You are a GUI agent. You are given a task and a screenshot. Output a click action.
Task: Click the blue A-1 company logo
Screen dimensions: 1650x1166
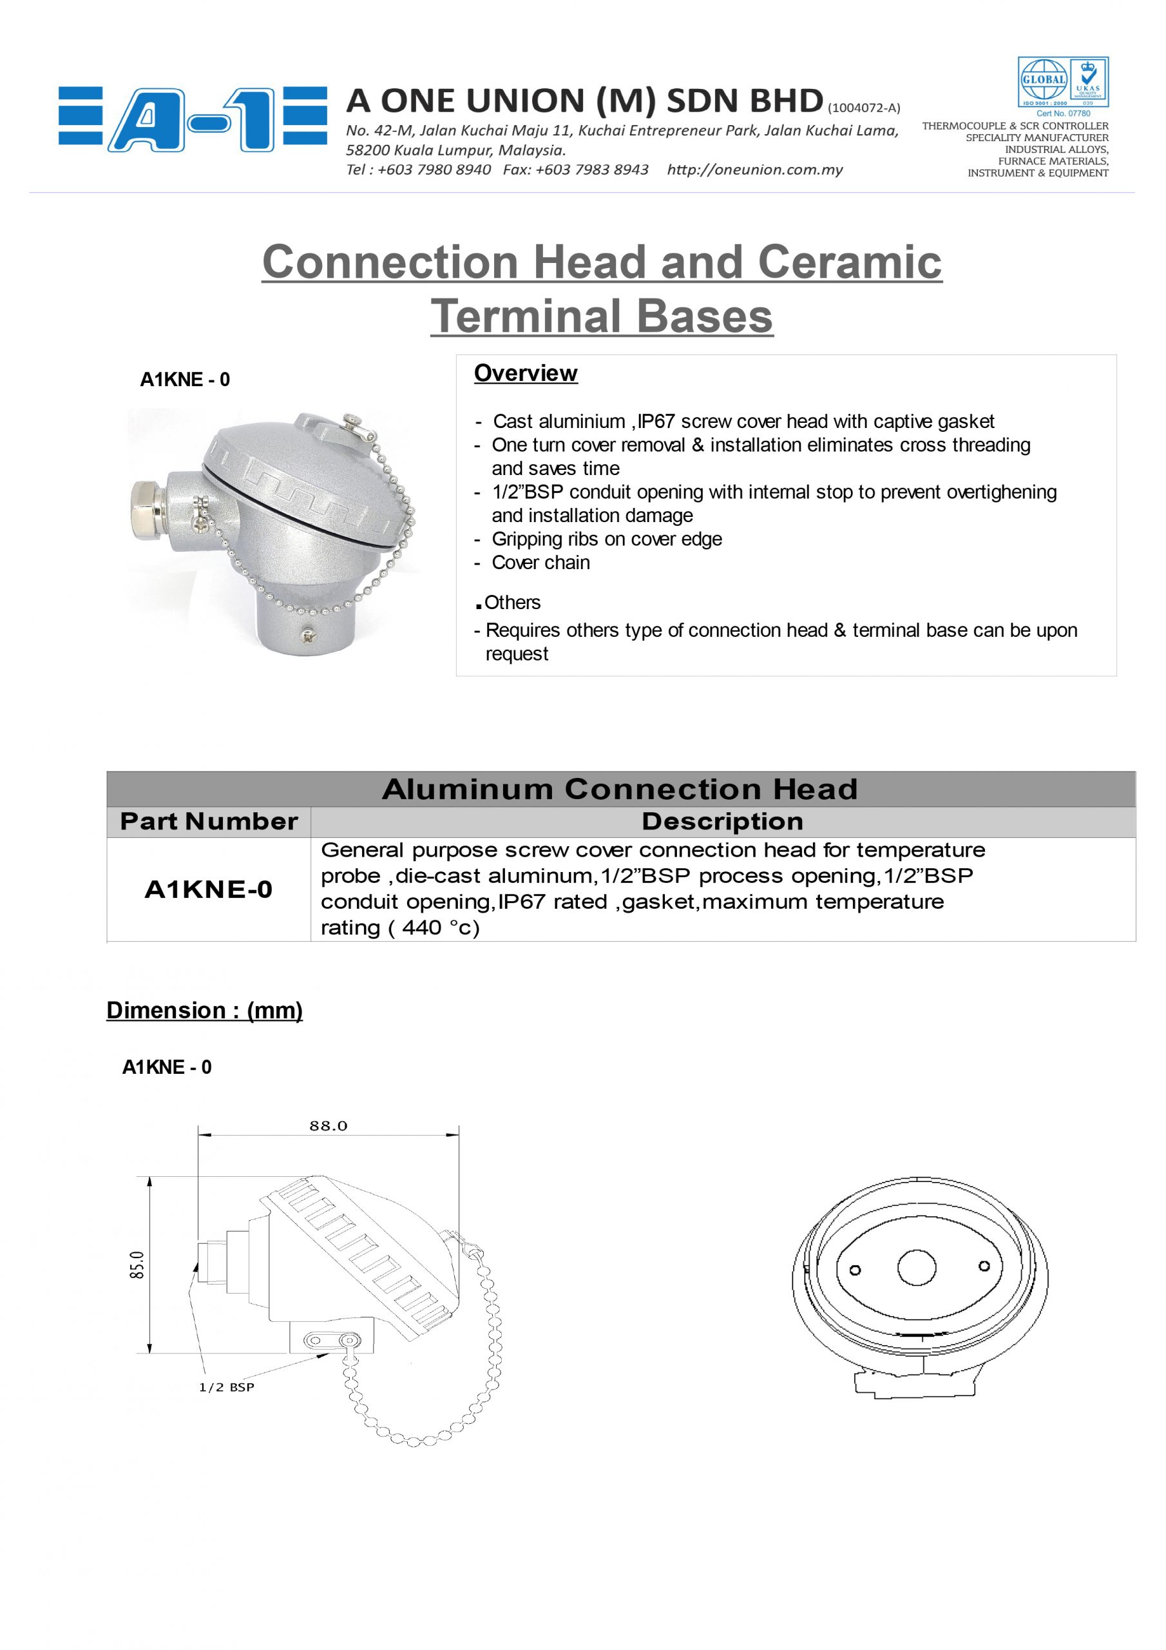click(x=193, y=119)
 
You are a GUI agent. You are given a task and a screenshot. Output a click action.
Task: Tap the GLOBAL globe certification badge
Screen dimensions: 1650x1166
click(x=1043, y=81)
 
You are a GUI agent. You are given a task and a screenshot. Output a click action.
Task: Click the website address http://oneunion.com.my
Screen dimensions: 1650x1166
click(x=754, y=170)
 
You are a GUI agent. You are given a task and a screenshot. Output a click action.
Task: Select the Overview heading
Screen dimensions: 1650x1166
click(x=525, y=374)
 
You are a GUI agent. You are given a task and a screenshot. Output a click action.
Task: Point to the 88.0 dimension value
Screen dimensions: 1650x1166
click(x=329, y=1126)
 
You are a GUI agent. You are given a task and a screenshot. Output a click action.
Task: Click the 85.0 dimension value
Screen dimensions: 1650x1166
click(x=137, y=1265)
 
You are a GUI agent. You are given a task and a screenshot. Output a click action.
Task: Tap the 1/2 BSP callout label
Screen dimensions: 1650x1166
click(x=226, y=1387)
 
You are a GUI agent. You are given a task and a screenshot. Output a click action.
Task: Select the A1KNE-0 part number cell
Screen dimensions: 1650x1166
click(x=208, y=889)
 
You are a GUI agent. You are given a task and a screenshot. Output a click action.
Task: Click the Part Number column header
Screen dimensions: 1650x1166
click(x=208, y=821)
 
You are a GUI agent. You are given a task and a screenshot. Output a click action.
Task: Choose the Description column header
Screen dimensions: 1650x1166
click(x=722, y=821)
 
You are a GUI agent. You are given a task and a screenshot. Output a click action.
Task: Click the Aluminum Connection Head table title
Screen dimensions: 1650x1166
click(x=620, y=789)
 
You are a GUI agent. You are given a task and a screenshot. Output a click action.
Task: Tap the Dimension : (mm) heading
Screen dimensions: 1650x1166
click(x=205, y=1011)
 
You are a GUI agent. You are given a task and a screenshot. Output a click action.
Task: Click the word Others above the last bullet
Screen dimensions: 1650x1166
click(x=512, y=602)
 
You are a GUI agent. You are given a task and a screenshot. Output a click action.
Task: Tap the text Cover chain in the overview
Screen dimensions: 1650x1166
click(x=540, y=563)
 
